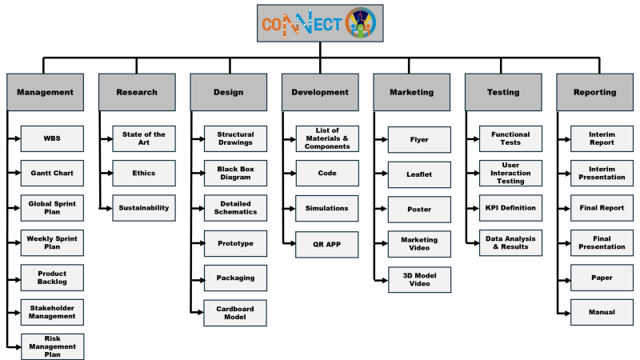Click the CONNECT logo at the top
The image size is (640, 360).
tap(320, 23)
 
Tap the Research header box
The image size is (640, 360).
tap(137, 92)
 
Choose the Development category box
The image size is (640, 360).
tap(320, 92)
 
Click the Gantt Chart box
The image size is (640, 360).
tap(52, 173)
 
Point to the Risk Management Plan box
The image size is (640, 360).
tap(52, 346)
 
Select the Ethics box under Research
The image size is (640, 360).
tap(144, 173)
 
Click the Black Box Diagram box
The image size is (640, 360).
tap(235, 173)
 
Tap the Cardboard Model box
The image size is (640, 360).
tap(235, 312)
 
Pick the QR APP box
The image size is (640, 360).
tap(327, 243)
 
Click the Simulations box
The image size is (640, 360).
tap(327, 208)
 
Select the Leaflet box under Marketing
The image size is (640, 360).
tap(419, 173)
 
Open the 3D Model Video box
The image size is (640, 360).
tap(419, 279)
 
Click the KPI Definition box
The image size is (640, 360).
tap(510, 208)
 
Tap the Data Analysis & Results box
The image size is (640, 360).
tap(510, 243)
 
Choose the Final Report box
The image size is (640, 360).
tap(602, 208)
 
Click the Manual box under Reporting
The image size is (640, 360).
tap(602, 312)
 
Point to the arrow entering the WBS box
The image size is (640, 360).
tap(16, 138)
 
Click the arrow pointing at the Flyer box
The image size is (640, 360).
tap(383, 138)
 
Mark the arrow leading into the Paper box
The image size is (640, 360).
tap(566, 278)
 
